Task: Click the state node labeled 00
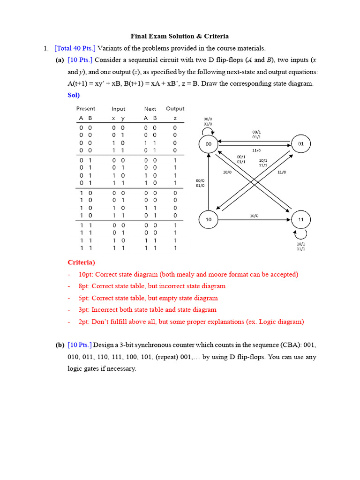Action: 209,144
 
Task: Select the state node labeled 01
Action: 301,144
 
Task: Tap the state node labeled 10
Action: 209,219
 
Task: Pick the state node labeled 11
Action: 301,219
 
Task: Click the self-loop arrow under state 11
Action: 301,233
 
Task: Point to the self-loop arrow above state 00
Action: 208,131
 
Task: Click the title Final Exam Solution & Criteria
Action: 180,36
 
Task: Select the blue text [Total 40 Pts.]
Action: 75,48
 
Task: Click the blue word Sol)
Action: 74,95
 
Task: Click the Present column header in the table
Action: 85,109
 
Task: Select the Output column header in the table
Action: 175,109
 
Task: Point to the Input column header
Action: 119,109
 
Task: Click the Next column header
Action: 150,109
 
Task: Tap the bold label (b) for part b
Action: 60,345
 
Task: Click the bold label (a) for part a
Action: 60,60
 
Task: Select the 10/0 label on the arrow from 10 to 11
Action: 254,216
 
